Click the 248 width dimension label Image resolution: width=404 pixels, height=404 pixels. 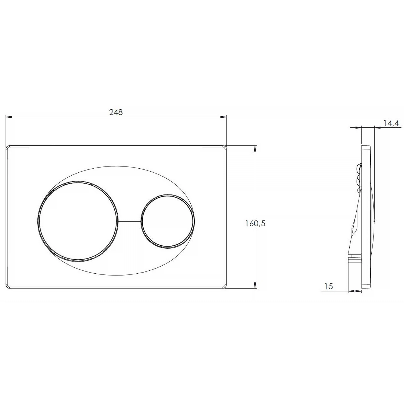click(x=116, y=112)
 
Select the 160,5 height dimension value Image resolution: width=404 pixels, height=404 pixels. click(x=255, y=224)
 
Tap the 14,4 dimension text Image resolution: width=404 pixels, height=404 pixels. click(x=391, y=123)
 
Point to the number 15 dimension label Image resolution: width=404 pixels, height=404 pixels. click(x=329, y=286)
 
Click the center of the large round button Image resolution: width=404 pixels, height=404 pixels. click(x=78, y=221)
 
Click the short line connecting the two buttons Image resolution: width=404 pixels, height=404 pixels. click(x=129, y=221)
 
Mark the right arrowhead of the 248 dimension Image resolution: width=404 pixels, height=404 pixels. click(x=223, y=117)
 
